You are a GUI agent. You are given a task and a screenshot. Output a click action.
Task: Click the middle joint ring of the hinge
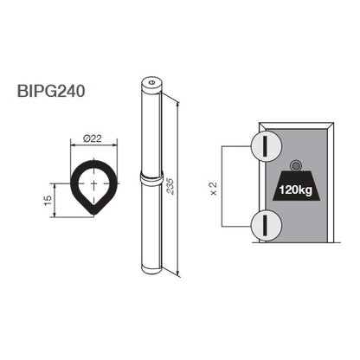pyautogui.click(x=149, y=181)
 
